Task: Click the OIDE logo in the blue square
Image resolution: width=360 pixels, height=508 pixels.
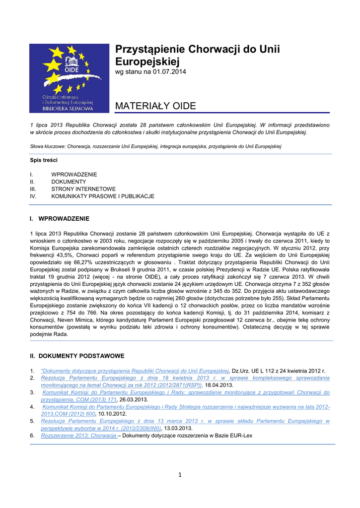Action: coord(69,77)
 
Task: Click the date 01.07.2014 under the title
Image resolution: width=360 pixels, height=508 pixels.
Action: coord(169,72)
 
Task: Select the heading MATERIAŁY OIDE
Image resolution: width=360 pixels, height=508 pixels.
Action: coord(155,106)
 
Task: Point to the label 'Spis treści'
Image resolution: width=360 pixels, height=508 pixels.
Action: coord(44,160)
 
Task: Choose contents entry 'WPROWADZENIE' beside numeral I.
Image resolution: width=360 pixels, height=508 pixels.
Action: coord(74,175)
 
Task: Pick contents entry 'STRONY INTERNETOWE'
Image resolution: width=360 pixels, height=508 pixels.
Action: coord(83,189)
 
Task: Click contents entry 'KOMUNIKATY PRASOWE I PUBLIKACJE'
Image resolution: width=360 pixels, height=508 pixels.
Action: coord(103,196)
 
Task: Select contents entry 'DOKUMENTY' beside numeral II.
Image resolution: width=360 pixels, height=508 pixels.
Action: coord(69,182)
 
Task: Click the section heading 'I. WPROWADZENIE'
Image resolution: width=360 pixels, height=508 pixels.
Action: coord(60,218)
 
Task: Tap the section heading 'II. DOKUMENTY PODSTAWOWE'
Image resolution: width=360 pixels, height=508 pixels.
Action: coord(77,356)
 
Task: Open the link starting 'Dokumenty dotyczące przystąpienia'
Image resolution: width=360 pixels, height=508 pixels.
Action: coord(135,371)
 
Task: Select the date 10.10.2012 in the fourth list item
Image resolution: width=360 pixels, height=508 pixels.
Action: coord(113,414)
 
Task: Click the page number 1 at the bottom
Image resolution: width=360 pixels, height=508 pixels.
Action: coord(180,475)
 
